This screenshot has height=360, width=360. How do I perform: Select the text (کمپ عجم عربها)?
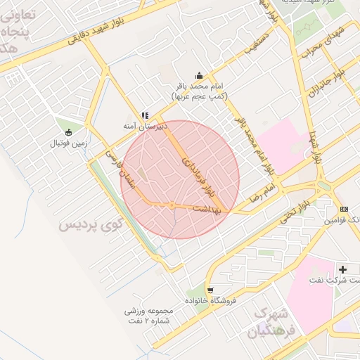pyautogui.click(x=199, y=95)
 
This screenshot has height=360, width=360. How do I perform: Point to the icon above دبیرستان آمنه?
pyautogui.click(x=145, y=115)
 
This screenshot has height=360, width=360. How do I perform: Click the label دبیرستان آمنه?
pyautogui.click(x=145, y=126)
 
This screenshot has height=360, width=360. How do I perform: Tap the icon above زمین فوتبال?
pyautogui.click(x=68, y=132)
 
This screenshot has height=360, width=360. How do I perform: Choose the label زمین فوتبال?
pyautogui.click(x=68, y=143)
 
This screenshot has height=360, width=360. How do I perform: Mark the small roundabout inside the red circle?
pyautogui.click(x=172, y=205)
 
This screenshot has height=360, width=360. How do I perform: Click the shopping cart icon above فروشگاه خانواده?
pyautogui.click(x=210, y=289)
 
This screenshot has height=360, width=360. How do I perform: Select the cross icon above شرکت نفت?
pyautogui.click(x=343, y=269)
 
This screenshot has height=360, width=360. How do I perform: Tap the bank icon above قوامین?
pyautogui.click(x=344, y=210)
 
